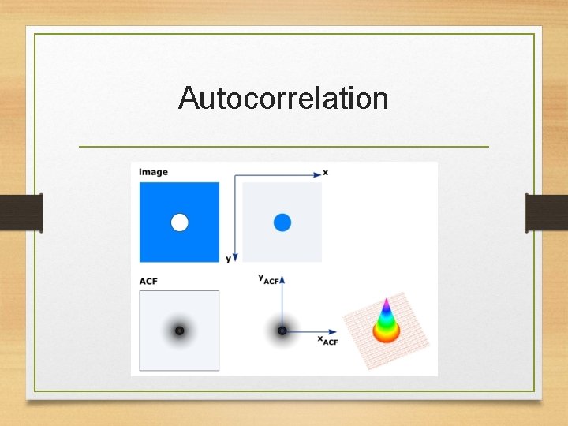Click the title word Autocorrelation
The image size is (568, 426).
point(283,99)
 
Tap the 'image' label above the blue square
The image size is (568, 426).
point(153,172)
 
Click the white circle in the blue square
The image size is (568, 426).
point(180,222)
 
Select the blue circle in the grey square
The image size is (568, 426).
point(282,222)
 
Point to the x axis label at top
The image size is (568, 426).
point(326,172)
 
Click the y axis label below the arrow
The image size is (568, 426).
point(228,259)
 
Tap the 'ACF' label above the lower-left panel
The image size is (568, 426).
point(148,281)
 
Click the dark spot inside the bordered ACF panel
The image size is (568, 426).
point(179,331)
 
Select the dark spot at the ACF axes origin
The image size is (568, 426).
point(282,331)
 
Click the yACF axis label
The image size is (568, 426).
point(268,278)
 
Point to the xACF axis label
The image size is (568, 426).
point(327,340)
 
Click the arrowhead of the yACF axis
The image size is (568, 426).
point(282,278)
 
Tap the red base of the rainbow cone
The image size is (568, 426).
point(386,335)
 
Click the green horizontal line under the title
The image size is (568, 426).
point(284,147)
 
